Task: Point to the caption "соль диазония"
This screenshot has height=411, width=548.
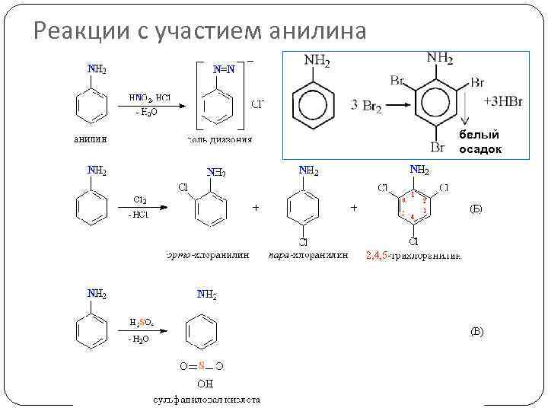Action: point(219,139)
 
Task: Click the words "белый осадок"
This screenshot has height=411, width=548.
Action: point(479,142)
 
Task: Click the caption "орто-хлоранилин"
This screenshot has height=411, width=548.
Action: point(208,255)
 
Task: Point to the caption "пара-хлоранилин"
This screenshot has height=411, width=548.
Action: point(308,255)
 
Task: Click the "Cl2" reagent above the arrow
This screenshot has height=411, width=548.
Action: point(140,200)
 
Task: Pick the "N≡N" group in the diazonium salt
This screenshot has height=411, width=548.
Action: point(223,69)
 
